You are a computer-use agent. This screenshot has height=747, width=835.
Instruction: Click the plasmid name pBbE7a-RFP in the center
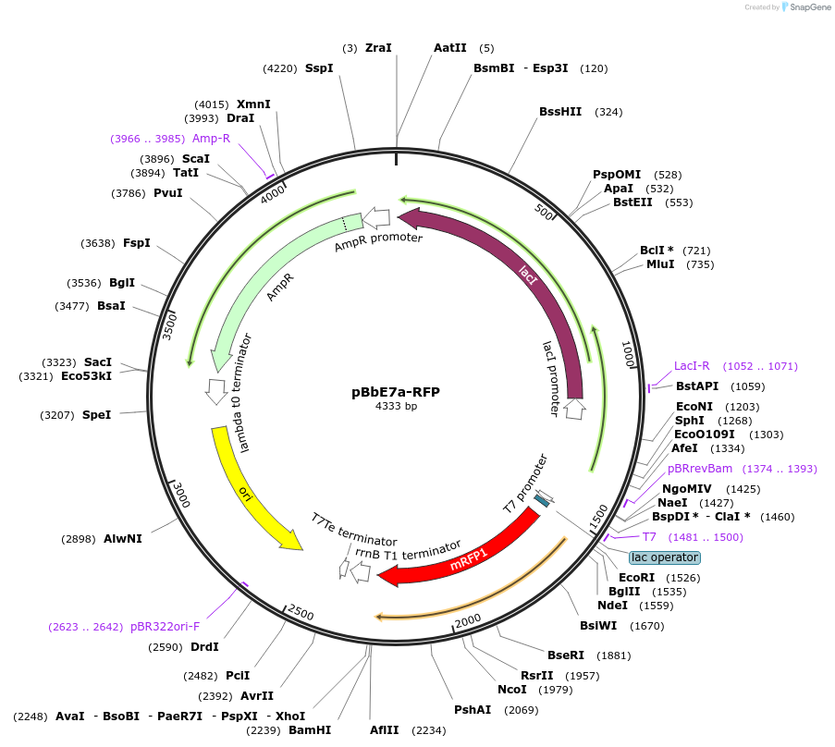(x=396, y=391)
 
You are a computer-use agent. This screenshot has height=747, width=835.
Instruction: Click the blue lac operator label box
(x=665, y=557)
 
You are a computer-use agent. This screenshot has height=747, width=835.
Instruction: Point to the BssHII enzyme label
(x=560, y=112)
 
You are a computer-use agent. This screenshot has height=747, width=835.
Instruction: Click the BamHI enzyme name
(x=310, y=730)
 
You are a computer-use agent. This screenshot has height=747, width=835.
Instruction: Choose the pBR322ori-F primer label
(x=165, y=626)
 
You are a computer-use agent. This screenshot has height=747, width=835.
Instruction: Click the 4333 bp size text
(x=396, y=406)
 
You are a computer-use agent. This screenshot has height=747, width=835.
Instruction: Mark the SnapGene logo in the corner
(x=806, y=7)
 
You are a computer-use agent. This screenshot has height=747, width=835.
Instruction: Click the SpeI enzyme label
(x=96, y=415)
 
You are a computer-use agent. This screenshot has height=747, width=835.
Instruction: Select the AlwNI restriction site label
(x=123, y=539)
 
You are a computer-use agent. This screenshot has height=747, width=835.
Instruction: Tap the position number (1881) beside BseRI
(x=614, y=655)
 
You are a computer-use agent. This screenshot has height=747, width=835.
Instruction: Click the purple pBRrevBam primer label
(x=700, y=469)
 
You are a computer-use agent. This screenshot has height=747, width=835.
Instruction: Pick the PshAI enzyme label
(x=473, y=710)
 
